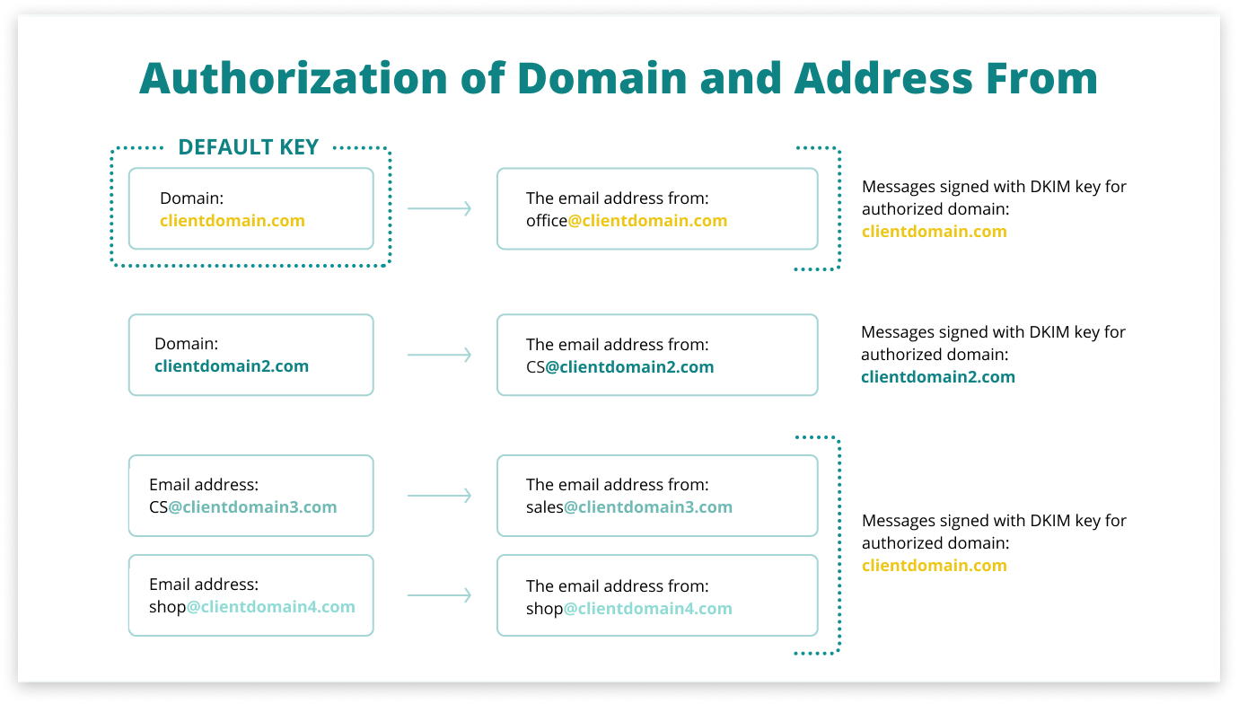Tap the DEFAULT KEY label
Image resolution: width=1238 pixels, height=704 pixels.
pos(249,147)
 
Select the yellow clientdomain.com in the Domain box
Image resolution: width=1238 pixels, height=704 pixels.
pos(233,221)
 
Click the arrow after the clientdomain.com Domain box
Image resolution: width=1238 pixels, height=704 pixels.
pos(439,209)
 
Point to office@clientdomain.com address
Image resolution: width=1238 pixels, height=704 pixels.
pos(627,221)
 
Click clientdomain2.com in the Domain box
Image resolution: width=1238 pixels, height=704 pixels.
pos(232,366)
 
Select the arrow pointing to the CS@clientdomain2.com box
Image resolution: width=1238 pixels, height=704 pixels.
pos(439,355)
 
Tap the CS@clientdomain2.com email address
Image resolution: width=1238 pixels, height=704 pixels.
pos(620,366)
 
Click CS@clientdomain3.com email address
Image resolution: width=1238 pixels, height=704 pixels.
pos(243,507)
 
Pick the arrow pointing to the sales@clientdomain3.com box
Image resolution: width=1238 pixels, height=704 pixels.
pos(439,496)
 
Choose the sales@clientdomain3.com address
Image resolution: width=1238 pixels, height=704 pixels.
pos(629,507)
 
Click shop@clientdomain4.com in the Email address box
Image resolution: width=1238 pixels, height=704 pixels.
pos(252,607)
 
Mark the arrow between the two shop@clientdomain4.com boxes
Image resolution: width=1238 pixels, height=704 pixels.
pos(439,595)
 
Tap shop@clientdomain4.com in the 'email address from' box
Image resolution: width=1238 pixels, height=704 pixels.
pos(629,609)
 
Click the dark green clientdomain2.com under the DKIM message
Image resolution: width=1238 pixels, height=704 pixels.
pos(938,377)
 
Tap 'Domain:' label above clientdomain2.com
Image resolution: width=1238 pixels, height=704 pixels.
pos(187,344)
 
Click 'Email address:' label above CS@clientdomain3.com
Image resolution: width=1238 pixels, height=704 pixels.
pos(204,485)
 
